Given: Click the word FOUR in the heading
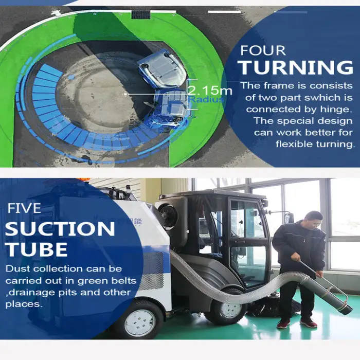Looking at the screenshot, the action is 263,50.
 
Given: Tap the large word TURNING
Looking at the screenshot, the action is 296,67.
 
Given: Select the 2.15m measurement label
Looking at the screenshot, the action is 210,91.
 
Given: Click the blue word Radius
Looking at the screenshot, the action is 206,99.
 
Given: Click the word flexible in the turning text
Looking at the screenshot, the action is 294,144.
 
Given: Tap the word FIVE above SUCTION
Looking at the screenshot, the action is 24,208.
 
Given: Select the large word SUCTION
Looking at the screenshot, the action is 60,229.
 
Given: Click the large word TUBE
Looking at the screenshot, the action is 37,249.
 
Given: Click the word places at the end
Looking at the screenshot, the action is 24,304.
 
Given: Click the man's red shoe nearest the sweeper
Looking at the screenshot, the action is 284,323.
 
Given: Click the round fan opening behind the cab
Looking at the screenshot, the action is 168,216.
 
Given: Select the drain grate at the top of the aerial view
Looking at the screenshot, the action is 140,14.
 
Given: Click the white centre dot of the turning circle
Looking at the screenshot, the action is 125,94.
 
